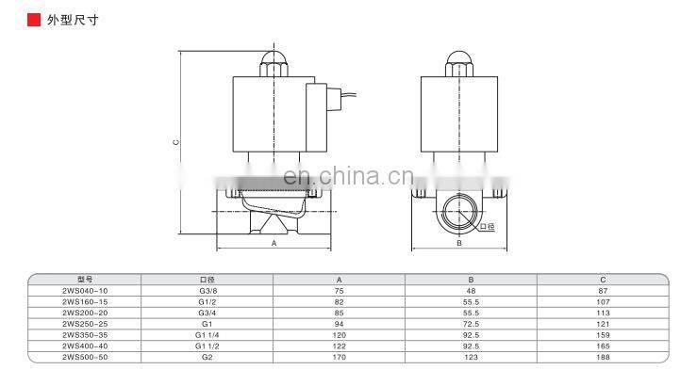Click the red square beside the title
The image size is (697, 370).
click(x=33, y=18)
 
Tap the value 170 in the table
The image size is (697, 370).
click(x=339, y=357)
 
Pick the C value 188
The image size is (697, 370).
click(x=603, y=357)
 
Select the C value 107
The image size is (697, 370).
click(x=603, y=302)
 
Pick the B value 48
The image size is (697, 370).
click(x=471, y=292)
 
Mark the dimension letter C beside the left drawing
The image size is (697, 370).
click(x=175, y=143)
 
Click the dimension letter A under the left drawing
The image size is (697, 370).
click(x=274, y=243)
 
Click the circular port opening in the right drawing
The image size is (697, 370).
click(x=457, y=212)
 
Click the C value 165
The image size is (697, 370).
click(x=603, y=346)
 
